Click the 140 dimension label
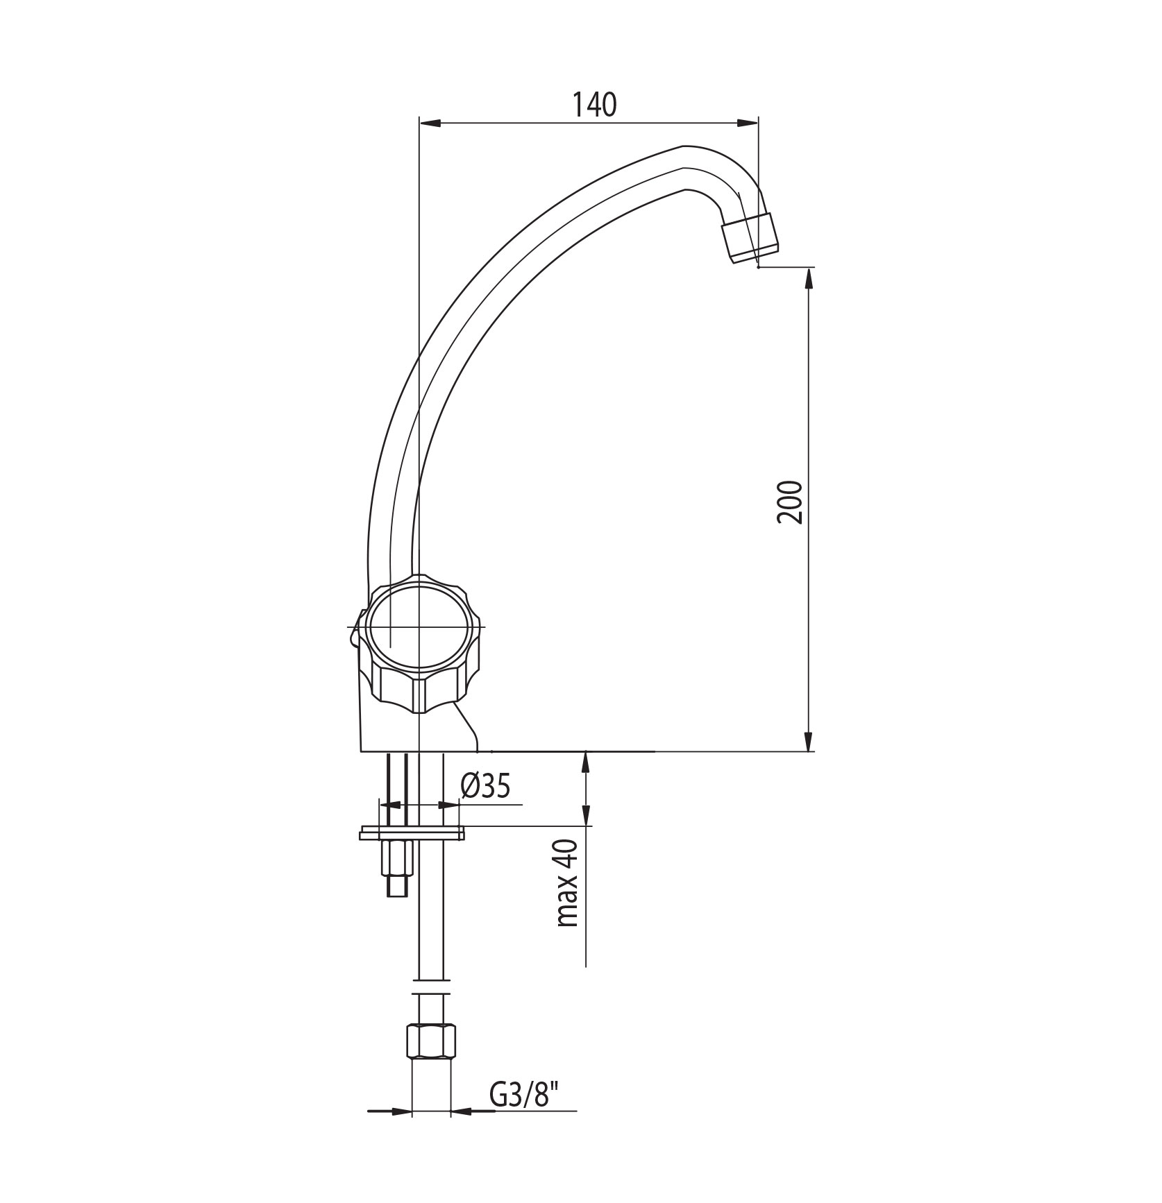pos(594,104)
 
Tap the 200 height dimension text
pos(791,502)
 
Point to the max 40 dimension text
pos(567,883)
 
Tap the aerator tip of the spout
pos(750,237)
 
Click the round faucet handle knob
pos(419,629)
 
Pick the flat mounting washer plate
pos(411,833)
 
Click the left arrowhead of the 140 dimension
pos(430,123)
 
